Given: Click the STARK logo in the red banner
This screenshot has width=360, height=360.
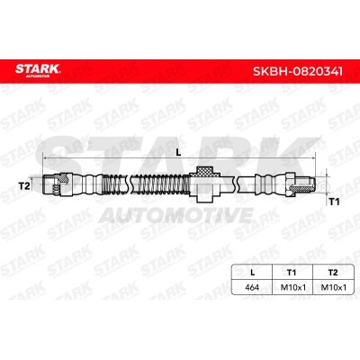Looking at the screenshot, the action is [38, 70].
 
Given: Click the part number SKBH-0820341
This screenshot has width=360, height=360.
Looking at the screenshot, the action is [298, 71].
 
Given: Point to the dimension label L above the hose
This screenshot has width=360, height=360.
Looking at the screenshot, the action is [178, 152].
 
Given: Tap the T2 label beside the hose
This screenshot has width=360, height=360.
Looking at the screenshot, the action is [24, 186].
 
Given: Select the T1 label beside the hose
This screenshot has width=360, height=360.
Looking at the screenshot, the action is [334, 202].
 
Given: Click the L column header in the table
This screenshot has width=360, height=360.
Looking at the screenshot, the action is [252, 273].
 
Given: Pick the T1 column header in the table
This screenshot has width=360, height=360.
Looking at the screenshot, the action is [292, 273].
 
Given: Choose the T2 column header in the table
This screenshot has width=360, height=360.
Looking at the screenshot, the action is [333, 273].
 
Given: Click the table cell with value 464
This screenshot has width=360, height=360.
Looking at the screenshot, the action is [252, 287].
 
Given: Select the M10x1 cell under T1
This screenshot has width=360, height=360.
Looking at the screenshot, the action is [292, 287].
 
